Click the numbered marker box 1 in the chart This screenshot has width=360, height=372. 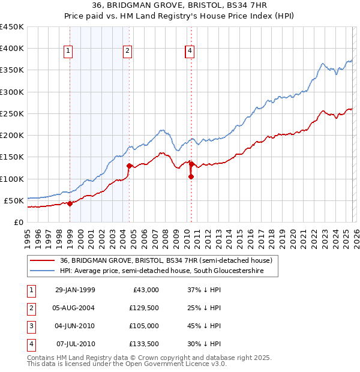click(69, 52)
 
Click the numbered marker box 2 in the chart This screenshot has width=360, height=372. click(128, 52)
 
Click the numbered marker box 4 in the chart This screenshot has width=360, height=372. click(190, 52)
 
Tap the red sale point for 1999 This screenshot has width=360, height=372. click(70, 203)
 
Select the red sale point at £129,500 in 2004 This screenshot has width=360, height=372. click(129, 166)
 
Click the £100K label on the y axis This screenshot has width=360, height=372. click(12, 179)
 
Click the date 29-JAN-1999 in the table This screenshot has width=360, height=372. click(75, 290)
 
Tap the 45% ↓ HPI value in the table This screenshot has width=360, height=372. click(203, 326)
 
